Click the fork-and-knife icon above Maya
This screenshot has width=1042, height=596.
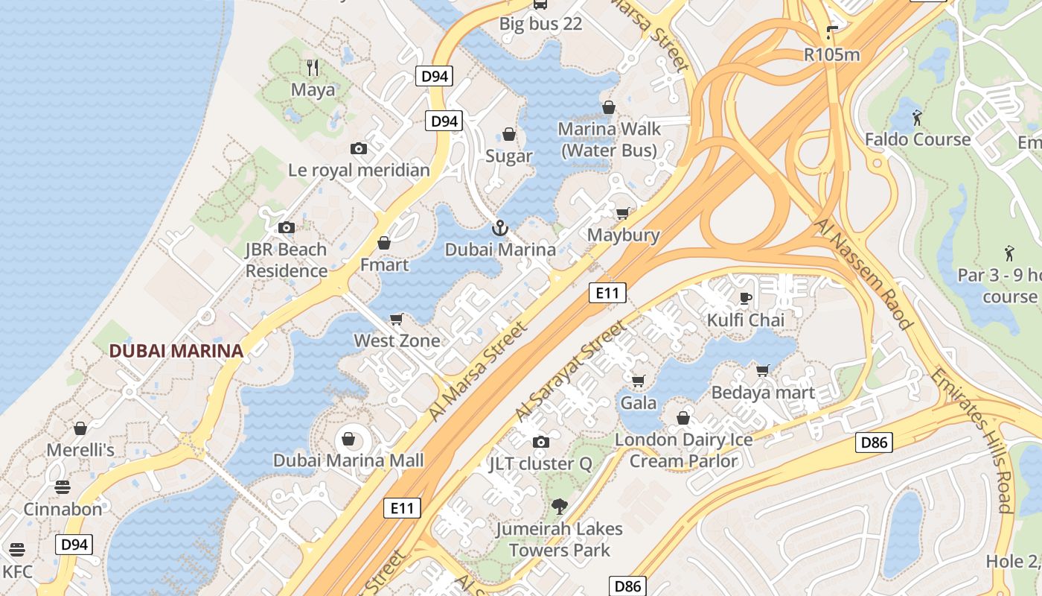(x=313, y=68)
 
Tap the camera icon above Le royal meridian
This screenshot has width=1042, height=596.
(x=359, y=148)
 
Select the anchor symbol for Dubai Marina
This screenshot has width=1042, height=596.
(x=499, y=228)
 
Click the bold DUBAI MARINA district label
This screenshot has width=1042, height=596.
(x=176, y=350)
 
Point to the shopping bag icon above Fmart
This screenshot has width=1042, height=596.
(x=384, y=243)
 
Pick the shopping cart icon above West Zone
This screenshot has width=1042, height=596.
(x=397, y=320)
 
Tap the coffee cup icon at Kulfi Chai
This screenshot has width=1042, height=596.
(x=745, y=299)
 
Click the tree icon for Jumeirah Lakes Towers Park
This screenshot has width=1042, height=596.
(x=559, y=507)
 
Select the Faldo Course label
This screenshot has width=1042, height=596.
(x=917, y=139)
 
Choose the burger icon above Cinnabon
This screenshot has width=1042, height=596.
(x=63, y=487)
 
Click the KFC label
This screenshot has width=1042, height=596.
(x=18, y=571)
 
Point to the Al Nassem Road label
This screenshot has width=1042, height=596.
(x=863, y=273)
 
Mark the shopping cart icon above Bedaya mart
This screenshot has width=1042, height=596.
(x=763, y=370)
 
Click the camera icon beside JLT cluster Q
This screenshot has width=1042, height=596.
(x=541, y=443)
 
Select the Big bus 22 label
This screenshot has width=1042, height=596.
(x=540, y=24)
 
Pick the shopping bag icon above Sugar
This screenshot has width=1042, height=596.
(x=509, y=134)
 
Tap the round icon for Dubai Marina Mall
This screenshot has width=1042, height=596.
(x=348, y=438)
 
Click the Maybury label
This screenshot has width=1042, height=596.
(x=623, y=235)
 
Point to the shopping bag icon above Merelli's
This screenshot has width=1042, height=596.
(x=80, y=428)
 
